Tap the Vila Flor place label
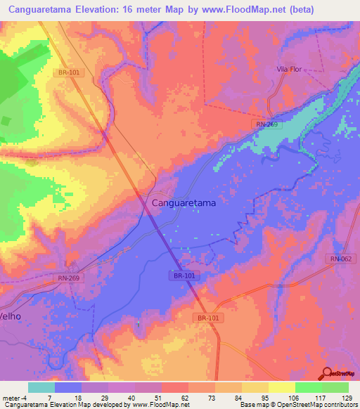tap(289, 69)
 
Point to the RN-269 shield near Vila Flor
tap(263, 124)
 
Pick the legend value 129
tap(347, 397)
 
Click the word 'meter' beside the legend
tap(10, 397)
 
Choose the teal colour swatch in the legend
tap(41, 387)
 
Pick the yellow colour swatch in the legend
tap(281, 387)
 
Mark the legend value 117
tap(321, 397)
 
